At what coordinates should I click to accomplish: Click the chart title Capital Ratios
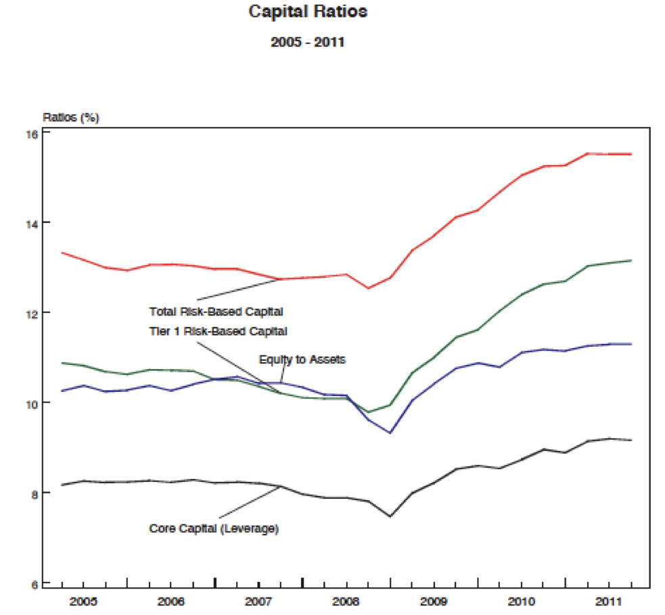[308, 12]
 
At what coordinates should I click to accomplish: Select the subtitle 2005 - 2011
[308, 42]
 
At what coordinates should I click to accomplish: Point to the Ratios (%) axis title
[71, 118]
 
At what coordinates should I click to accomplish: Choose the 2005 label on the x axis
[83, 600]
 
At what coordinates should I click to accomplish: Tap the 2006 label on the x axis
[170, 600]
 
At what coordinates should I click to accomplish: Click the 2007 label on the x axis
[258, 600]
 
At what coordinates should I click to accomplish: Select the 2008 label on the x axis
[346, 600]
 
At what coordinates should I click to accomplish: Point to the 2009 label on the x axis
[434, 600]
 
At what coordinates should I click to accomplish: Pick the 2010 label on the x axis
[521, 600]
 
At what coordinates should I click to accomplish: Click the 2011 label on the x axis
[609, 600]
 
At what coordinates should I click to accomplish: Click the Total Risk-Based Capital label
[216, 312]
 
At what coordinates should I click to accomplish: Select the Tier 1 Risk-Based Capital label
[218, 332]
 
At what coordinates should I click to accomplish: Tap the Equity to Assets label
[302, 360]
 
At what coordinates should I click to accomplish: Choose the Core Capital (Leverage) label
[214, 528]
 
